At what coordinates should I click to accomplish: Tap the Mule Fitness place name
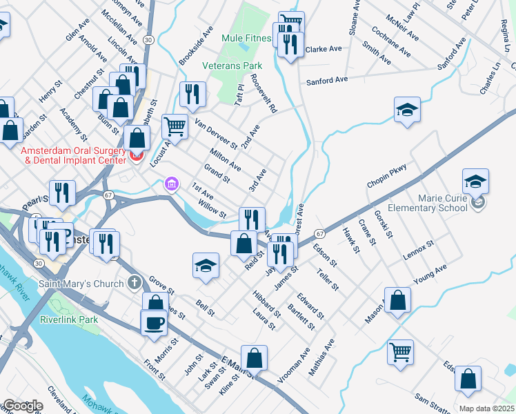coord(246,38)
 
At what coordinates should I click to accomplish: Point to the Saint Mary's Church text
coord(82,283)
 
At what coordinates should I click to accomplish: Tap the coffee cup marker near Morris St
coord(153,323)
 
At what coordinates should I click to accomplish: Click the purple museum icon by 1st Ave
coord(170,184)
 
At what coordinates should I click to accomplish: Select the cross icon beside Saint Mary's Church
coord(135,283)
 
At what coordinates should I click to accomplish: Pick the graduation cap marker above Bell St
coord(206,266)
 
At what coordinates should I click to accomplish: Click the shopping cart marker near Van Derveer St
coord(175,127)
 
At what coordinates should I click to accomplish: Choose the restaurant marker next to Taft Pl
coord(192,94)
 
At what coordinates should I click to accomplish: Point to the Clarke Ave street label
coord(324,50)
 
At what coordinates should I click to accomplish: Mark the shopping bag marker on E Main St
coord(254,358)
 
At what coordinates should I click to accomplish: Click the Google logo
coord(22,406)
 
